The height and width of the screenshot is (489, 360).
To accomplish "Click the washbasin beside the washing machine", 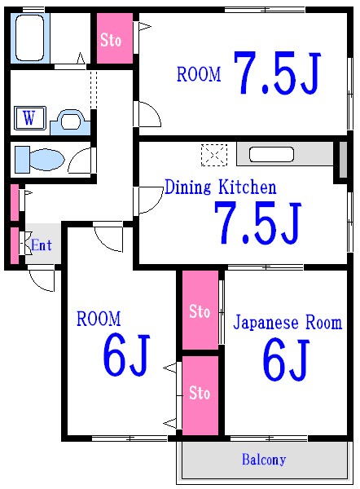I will pos(70,122).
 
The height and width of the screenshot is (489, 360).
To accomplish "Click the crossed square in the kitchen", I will pos(213,154).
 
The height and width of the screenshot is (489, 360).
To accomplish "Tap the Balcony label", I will pos(264,460).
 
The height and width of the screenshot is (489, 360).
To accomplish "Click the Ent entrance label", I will pos(41,244).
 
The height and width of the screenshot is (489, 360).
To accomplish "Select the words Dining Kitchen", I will pos(220,187).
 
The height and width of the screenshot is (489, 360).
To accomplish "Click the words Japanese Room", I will pos(288,322).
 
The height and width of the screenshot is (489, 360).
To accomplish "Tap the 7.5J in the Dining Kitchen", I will pos(258,222).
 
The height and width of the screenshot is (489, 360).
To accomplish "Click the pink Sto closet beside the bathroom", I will pos(112,38).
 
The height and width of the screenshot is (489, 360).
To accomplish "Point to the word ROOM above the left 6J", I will pos(99,318).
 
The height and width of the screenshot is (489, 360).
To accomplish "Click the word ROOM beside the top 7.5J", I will pos(199,75).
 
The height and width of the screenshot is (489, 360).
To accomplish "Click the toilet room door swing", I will pos(81,161).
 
